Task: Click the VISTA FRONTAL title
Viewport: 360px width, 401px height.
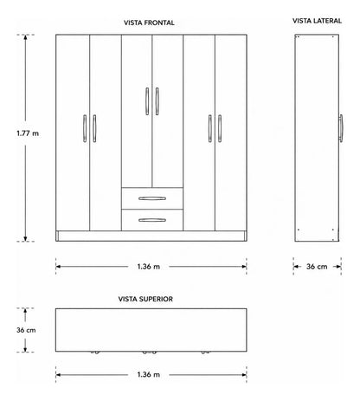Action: [x=149, y=23]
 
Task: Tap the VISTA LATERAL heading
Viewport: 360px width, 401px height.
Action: [x=317, y=21]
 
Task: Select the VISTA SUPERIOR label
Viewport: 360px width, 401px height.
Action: [x=145, y=299]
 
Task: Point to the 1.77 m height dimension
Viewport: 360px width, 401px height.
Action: [x=28, y=133]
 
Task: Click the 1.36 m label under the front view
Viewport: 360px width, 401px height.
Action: [x=149, y=267]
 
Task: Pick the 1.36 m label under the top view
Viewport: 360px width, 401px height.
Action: [x=149, y=375]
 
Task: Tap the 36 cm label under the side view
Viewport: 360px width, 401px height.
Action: [x=317, y=267]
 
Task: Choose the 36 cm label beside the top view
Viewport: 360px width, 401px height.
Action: [x=26, y=330]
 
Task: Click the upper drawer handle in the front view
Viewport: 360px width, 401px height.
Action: [x=152, y=198]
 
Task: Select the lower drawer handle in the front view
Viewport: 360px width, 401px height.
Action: [x=152, y=220]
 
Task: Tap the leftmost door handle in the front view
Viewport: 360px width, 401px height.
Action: [x=85, y=128]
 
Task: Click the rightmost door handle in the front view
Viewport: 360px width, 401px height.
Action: [x=220, y=128]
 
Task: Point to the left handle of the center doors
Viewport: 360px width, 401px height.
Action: [x=147, y=101]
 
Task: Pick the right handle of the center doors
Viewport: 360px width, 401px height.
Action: [x=157, y=101]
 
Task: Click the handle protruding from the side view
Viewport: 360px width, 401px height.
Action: [x=341, y=128]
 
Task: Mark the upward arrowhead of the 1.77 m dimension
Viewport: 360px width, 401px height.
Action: [x=25, y=37]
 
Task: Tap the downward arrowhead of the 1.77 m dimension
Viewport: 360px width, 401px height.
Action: [x=25, y=238]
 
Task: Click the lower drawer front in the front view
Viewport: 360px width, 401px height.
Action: [x=152, y=220]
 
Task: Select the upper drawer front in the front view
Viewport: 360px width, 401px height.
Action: [x=152, y=198]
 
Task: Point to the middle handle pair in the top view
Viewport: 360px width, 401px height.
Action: [x=149, y=352]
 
